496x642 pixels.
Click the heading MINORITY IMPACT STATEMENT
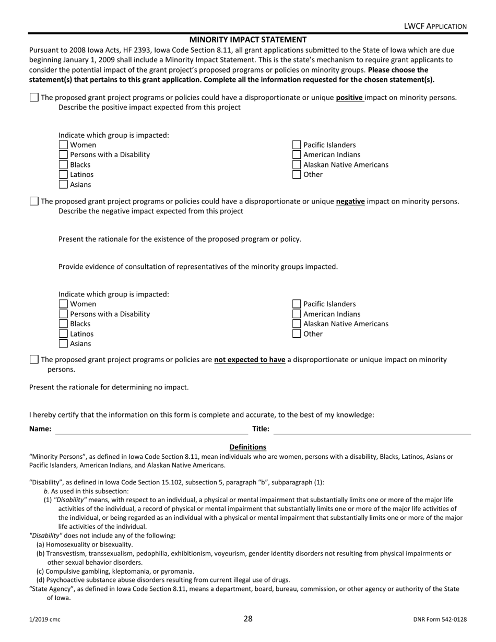click(x=247, y=40)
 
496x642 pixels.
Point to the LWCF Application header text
click(x=435, y=26)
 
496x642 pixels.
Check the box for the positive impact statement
click(x=34, y=98)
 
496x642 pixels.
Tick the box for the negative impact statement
click(x=34, y=201)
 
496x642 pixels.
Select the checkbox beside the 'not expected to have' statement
click(x=34, y=360)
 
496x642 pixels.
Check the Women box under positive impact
click(x=63, y=145)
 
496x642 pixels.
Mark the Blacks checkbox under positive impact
click(x=63, y=165)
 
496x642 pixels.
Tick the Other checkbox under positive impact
click(x=297, y=175)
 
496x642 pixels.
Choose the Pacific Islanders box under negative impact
click(x=297, y=304)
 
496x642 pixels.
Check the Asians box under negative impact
click(x=63, y=344)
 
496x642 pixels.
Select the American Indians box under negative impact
click(x=297, y=314)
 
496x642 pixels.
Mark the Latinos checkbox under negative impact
click(x=63, y=334)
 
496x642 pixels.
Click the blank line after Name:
click(x=151, y=430)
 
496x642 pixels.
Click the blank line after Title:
click(x=372, y=430)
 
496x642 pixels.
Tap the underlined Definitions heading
click(x=247, y=447)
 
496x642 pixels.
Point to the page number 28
click(x=247, y=619)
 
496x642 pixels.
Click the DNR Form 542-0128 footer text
click(x=439, y=620)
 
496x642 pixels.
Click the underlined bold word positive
click(x=349, y=98)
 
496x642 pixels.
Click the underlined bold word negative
click(x=350, y=201)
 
